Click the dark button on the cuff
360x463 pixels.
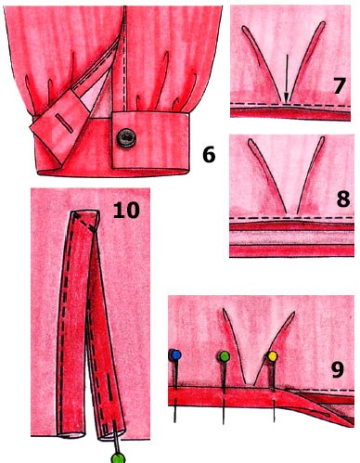(x=126, y=138)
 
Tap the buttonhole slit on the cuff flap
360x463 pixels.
(x=65, y=123)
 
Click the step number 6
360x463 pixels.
(x=209, y=155)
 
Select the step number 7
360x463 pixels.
(x=339, y=85)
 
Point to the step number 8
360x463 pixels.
(x=343, y=199)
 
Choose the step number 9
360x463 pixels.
(x=338, y=369)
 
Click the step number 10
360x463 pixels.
(x=126, y=211)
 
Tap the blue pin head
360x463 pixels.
(x=175, y=355)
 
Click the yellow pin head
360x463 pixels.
(x=273, y=356)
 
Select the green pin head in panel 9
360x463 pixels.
(x=225, y=356)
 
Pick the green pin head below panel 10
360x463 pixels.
(x=118, y=457)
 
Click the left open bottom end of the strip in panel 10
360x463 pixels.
(x=71, y=434)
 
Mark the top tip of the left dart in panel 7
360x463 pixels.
(x=243, y=28)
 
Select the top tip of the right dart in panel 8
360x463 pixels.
(x=323, y=138)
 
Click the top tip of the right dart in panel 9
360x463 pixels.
(x=293, y=314)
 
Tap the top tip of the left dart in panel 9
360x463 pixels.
(x=224, y=310)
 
